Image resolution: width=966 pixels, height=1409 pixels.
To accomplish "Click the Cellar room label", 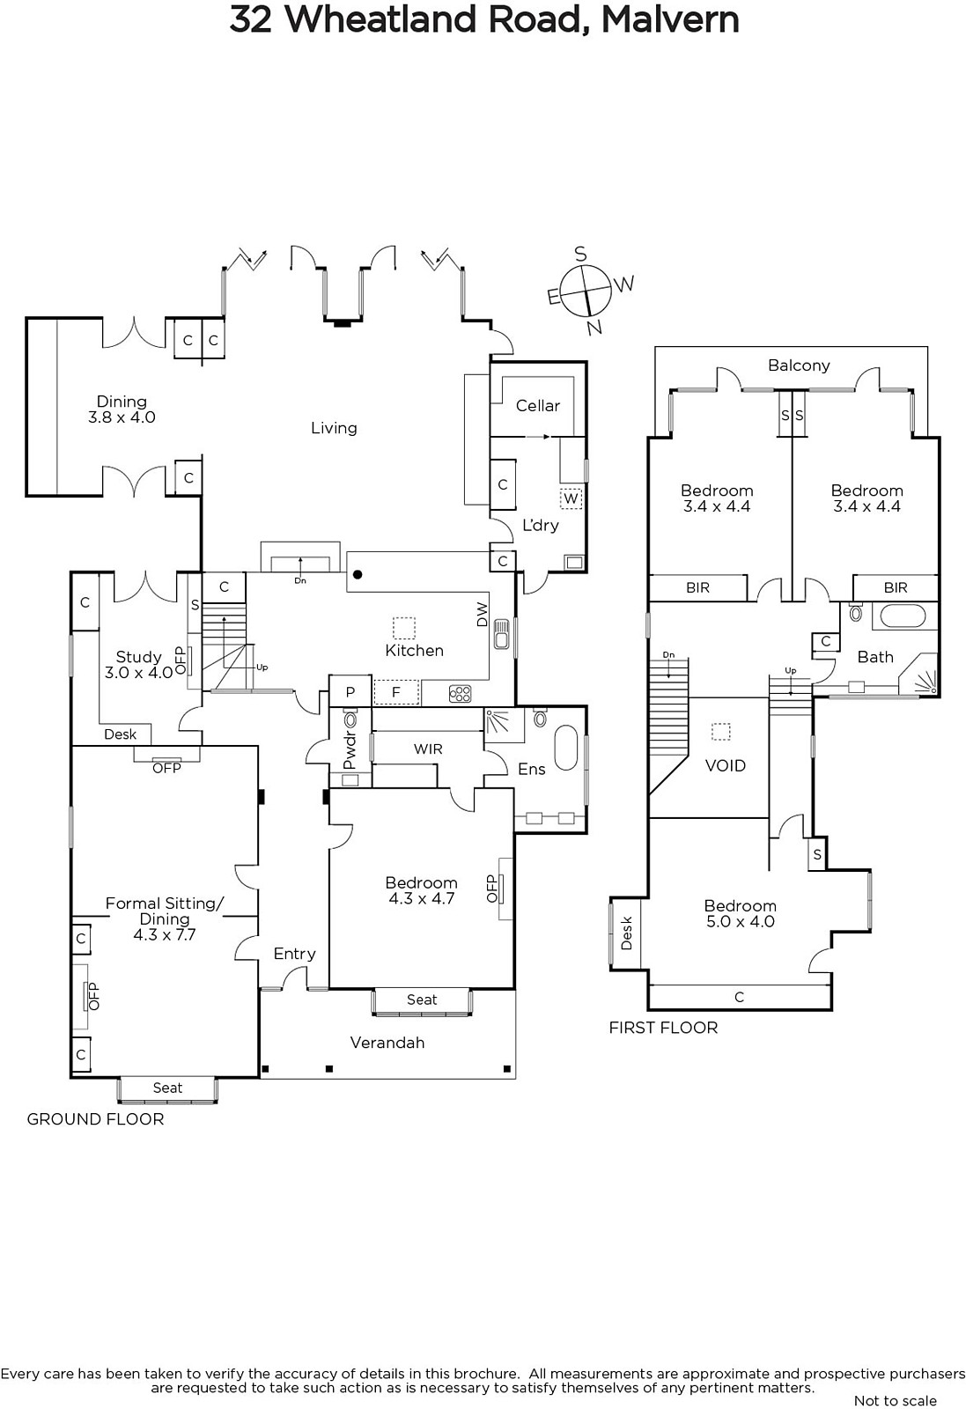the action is [538, 406].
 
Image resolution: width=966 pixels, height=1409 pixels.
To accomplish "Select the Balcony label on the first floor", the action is [799, 365].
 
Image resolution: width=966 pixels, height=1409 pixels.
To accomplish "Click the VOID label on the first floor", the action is [725, 765].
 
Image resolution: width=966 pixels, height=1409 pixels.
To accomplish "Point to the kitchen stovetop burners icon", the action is [461, 694].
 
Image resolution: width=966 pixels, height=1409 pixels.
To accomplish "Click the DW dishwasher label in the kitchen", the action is [483, 614].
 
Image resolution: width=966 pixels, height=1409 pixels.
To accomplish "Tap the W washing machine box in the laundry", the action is [571, 498].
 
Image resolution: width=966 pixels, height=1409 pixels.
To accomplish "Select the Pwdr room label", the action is [350, 749].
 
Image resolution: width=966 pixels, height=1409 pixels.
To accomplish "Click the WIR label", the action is [428, 749].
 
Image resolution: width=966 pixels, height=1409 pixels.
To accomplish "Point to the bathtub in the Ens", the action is [565, 748].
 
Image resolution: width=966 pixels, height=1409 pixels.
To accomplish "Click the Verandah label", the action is [387, 1043].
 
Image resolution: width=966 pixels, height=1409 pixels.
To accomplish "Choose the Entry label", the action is [294, 955].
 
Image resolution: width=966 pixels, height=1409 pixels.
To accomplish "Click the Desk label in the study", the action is [120, 734].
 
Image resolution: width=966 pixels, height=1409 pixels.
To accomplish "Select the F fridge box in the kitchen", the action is [396, 692].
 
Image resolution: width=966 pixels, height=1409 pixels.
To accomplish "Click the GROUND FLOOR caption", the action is [96, 1119].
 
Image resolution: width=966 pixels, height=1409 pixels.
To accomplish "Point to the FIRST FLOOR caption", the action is [663, 1028].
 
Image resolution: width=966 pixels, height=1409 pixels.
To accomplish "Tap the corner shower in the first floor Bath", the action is [918, 675].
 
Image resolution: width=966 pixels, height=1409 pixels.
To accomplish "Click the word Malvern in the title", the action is [670, 19].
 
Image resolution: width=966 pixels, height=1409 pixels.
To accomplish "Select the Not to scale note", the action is [896, 1401].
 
